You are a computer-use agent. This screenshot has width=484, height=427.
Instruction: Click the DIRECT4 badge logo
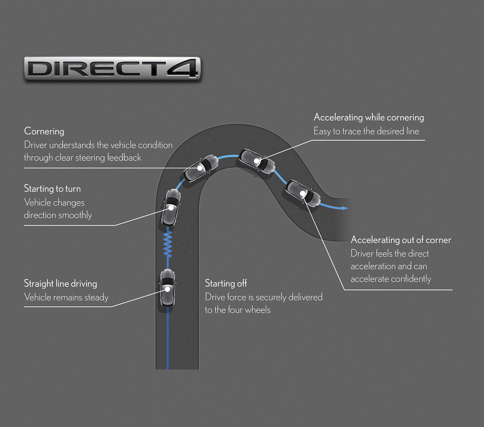(112, 69)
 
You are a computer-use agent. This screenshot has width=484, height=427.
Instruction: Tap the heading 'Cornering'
(44, 131)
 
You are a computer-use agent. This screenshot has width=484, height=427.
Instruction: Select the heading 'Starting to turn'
(52, 189)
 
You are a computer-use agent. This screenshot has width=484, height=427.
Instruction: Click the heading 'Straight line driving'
(60, 284)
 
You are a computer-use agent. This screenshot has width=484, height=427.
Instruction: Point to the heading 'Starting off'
(226, 283)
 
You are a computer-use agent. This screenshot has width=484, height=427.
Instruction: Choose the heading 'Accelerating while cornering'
(369, 117)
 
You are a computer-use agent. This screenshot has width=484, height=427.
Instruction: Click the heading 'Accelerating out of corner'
(401, 240)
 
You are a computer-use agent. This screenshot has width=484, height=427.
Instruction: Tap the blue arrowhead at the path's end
(345, 208)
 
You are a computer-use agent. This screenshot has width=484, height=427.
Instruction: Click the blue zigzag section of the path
(168, 244)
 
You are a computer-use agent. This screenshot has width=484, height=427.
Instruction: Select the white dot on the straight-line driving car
(168, 289)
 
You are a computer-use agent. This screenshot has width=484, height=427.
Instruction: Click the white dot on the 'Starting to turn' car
(171, 208)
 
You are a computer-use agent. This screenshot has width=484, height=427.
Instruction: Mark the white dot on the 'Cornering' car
(200, 168)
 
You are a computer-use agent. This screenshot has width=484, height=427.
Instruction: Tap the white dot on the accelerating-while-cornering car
(257, 161)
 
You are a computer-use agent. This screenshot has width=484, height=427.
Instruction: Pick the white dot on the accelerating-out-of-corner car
(302, 193)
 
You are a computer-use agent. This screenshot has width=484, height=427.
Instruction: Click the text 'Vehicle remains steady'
(66, 297)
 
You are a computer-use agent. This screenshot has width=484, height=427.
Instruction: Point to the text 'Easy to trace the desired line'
(366, 131)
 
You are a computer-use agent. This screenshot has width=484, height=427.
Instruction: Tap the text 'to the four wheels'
(238, 310)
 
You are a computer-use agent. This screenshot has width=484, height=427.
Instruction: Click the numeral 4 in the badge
(183, 69)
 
